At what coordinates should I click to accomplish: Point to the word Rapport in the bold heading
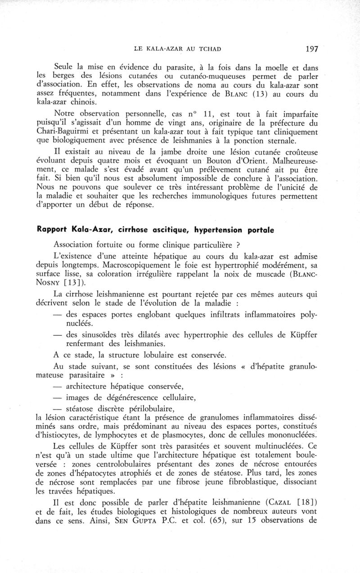pos(54,230)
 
